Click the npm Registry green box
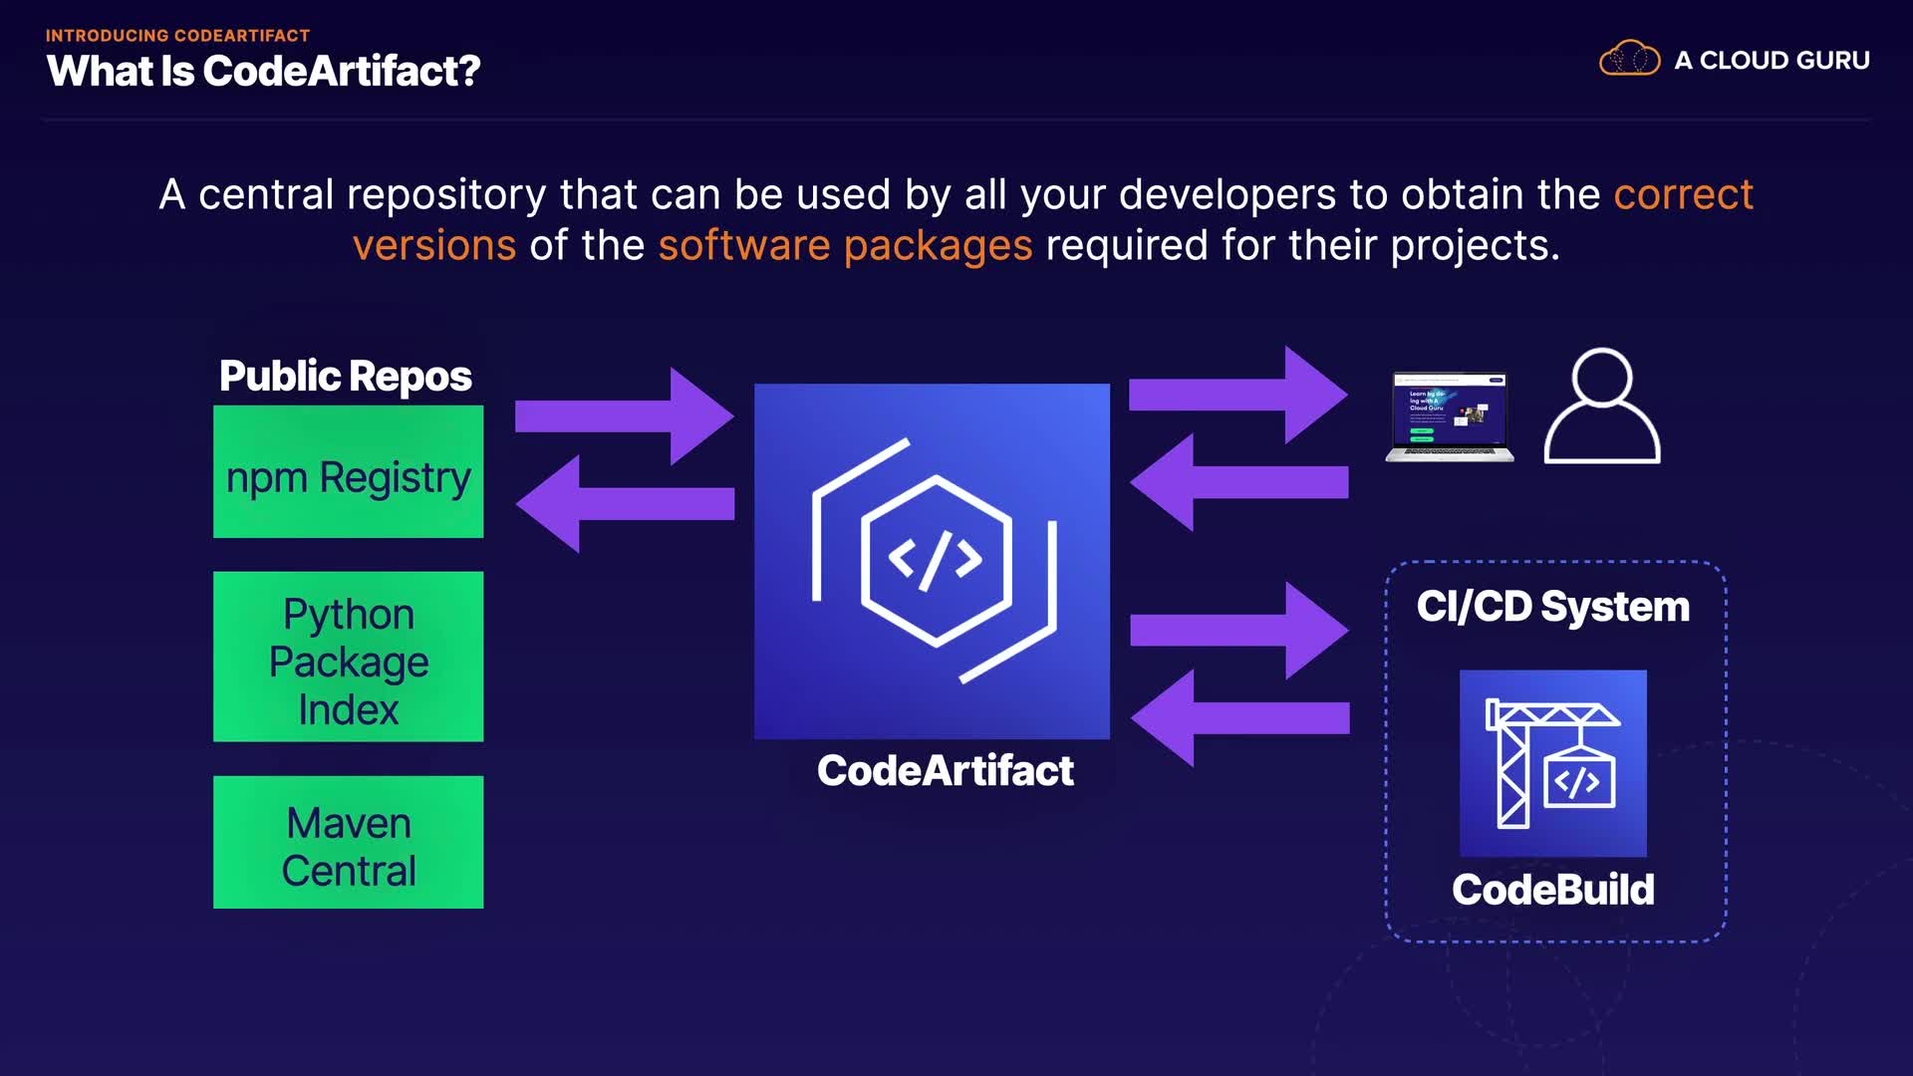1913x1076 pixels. pyautogui.click(x=348, y=471)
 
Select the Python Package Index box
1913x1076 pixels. pyautogui.click(x=348, y=657)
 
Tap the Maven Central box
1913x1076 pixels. pyautogui.click(x=348, y=842)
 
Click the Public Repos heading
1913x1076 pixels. pyautogui.click(x=345, y=377)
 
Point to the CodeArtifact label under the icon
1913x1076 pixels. pyautogui.click(x=945, y=770)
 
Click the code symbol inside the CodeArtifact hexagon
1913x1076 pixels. pyautogui.click(x=935, y=560)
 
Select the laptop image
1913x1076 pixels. pyautogui.click(x=1450, y=416)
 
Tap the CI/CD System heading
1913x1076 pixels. pyautogui.click(x=1552, y=607)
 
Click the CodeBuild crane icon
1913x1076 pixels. pyautogui.click(x=1552, y=763)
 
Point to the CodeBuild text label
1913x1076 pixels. pyautogui.click(x=1552, y=890)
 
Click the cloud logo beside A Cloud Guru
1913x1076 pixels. pyautogui.click(x=1629, y=59)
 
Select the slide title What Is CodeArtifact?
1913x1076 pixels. pyautogui.click(x=263, y=71)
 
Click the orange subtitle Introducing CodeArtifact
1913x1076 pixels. pyautogui.click(x=177, y=35)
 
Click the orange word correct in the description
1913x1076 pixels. pyautogui.click(x=1683, y=194)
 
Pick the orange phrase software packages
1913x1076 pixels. pyautogui.click(x=845, y=245)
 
